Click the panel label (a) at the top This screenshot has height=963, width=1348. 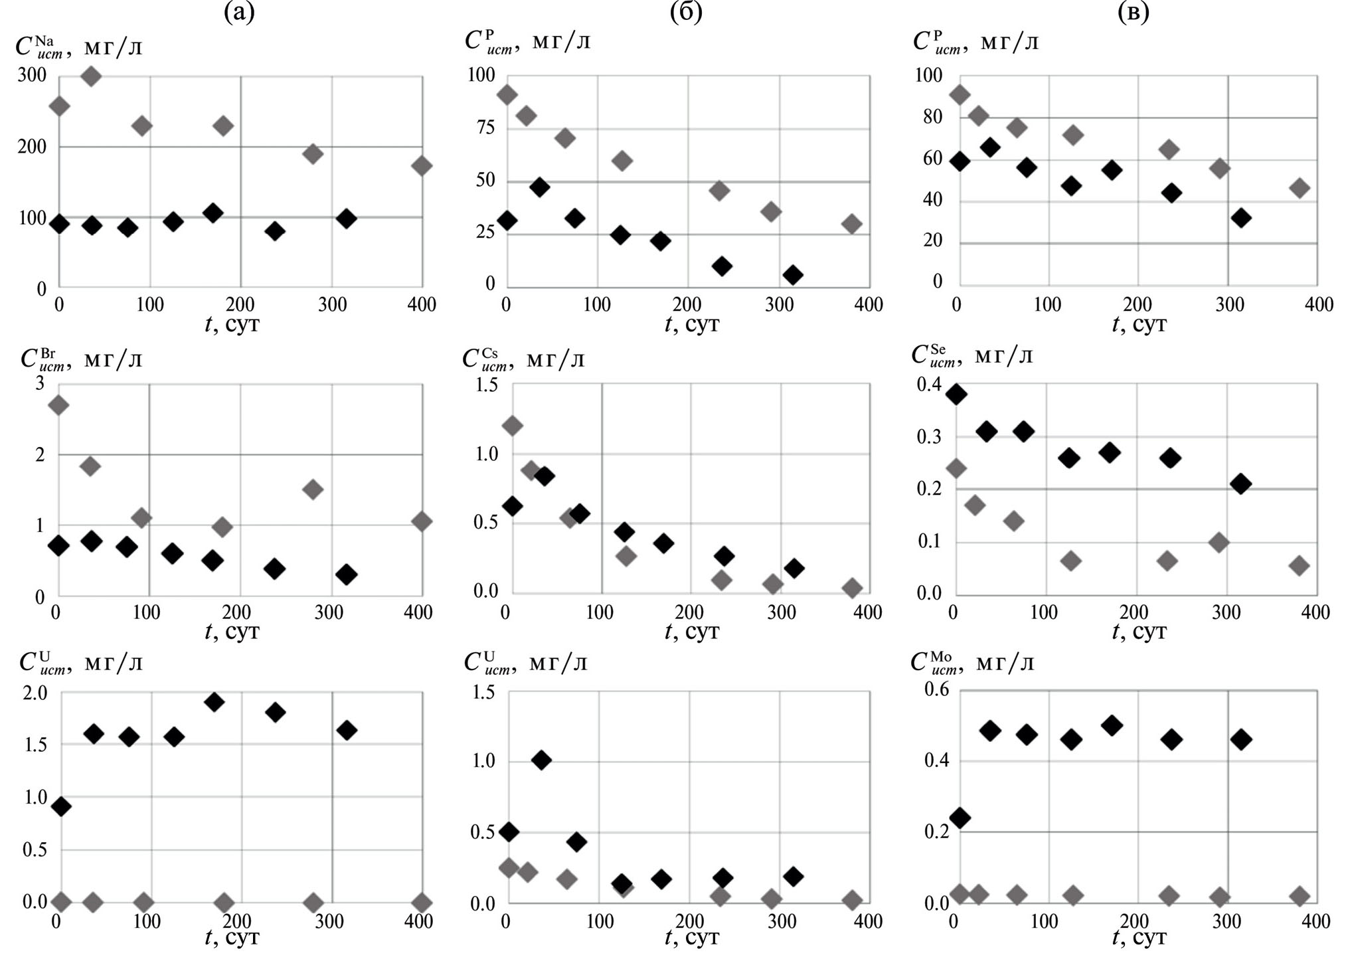point(240,12)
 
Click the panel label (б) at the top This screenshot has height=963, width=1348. point(687,12)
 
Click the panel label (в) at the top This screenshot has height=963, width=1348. point(1134,12)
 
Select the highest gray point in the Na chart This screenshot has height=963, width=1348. point(91,76)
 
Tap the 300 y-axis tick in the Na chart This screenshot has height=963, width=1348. point(32,75)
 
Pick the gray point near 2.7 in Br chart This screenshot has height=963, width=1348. point(58,405)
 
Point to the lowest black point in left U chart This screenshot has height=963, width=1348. point(60,807)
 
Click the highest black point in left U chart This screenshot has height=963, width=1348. point(214,702)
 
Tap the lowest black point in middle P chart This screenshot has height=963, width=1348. point(792,275)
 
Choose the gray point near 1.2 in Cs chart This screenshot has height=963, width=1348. point(511,425)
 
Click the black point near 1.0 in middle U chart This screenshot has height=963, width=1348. point(541,760)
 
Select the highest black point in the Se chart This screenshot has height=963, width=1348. point(956,394)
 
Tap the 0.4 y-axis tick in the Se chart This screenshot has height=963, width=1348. point(929,385)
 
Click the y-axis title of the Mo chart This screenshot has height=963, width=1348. point(972,662)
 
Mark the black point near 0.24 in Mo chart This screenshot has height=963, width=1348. point(960,818)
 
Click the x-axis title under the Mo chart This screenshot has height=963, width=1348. point(1139,938)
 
